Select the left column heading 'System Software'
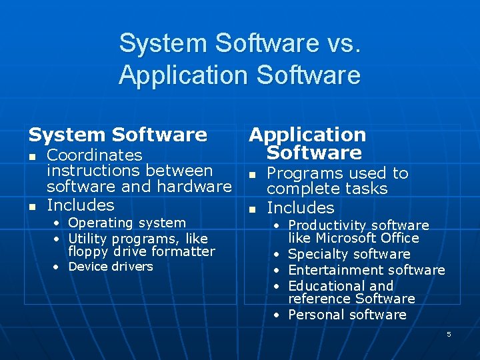[x=117, y=135]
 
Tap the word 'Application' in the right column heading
[x=307, y=135]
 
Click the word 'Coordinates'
[x=95, y=155]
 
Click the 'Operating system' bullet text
[x=127, y=223]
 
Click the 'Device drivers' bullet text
[x=111, y=267]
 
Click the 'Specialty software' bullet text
[x=349, y=254]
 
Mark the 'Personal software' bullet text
[x=347, y=315]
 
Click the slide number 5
[x=449, y=334]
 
